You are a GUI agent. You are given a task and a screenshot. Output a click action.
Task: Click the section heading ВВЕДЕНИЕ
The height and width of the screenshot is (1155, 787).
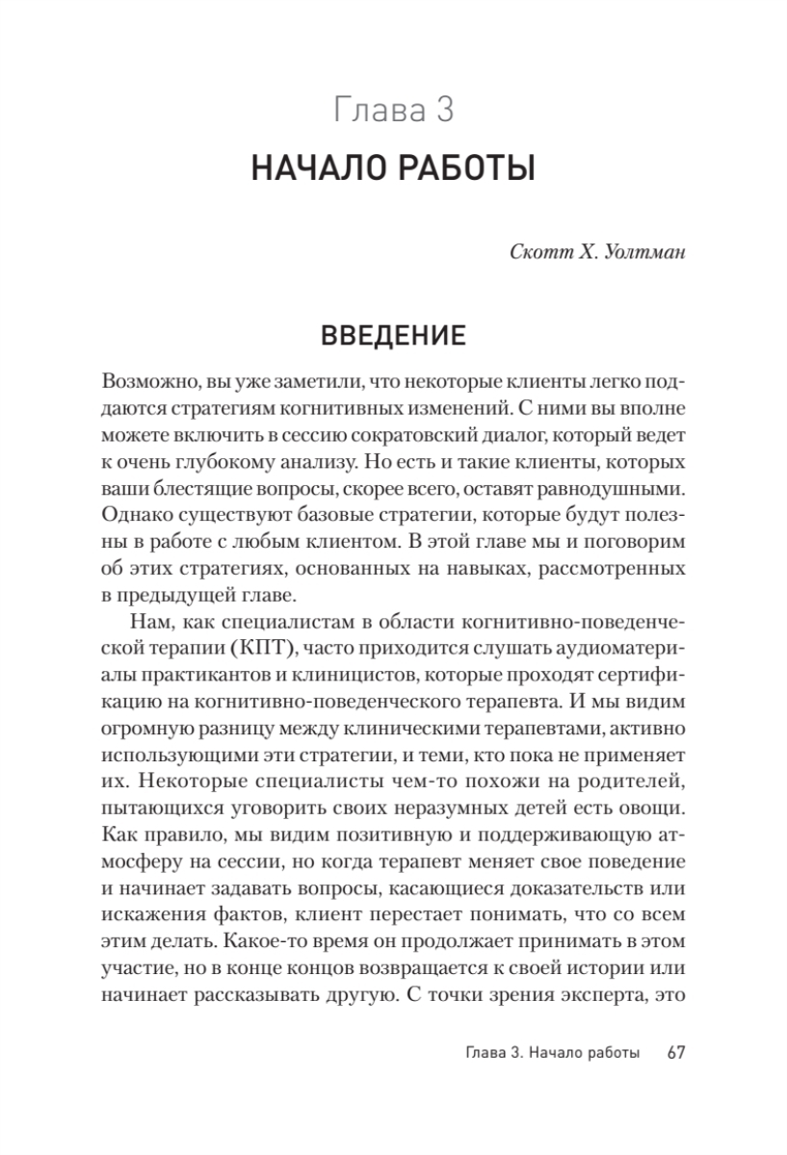[x=393, y=336]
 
